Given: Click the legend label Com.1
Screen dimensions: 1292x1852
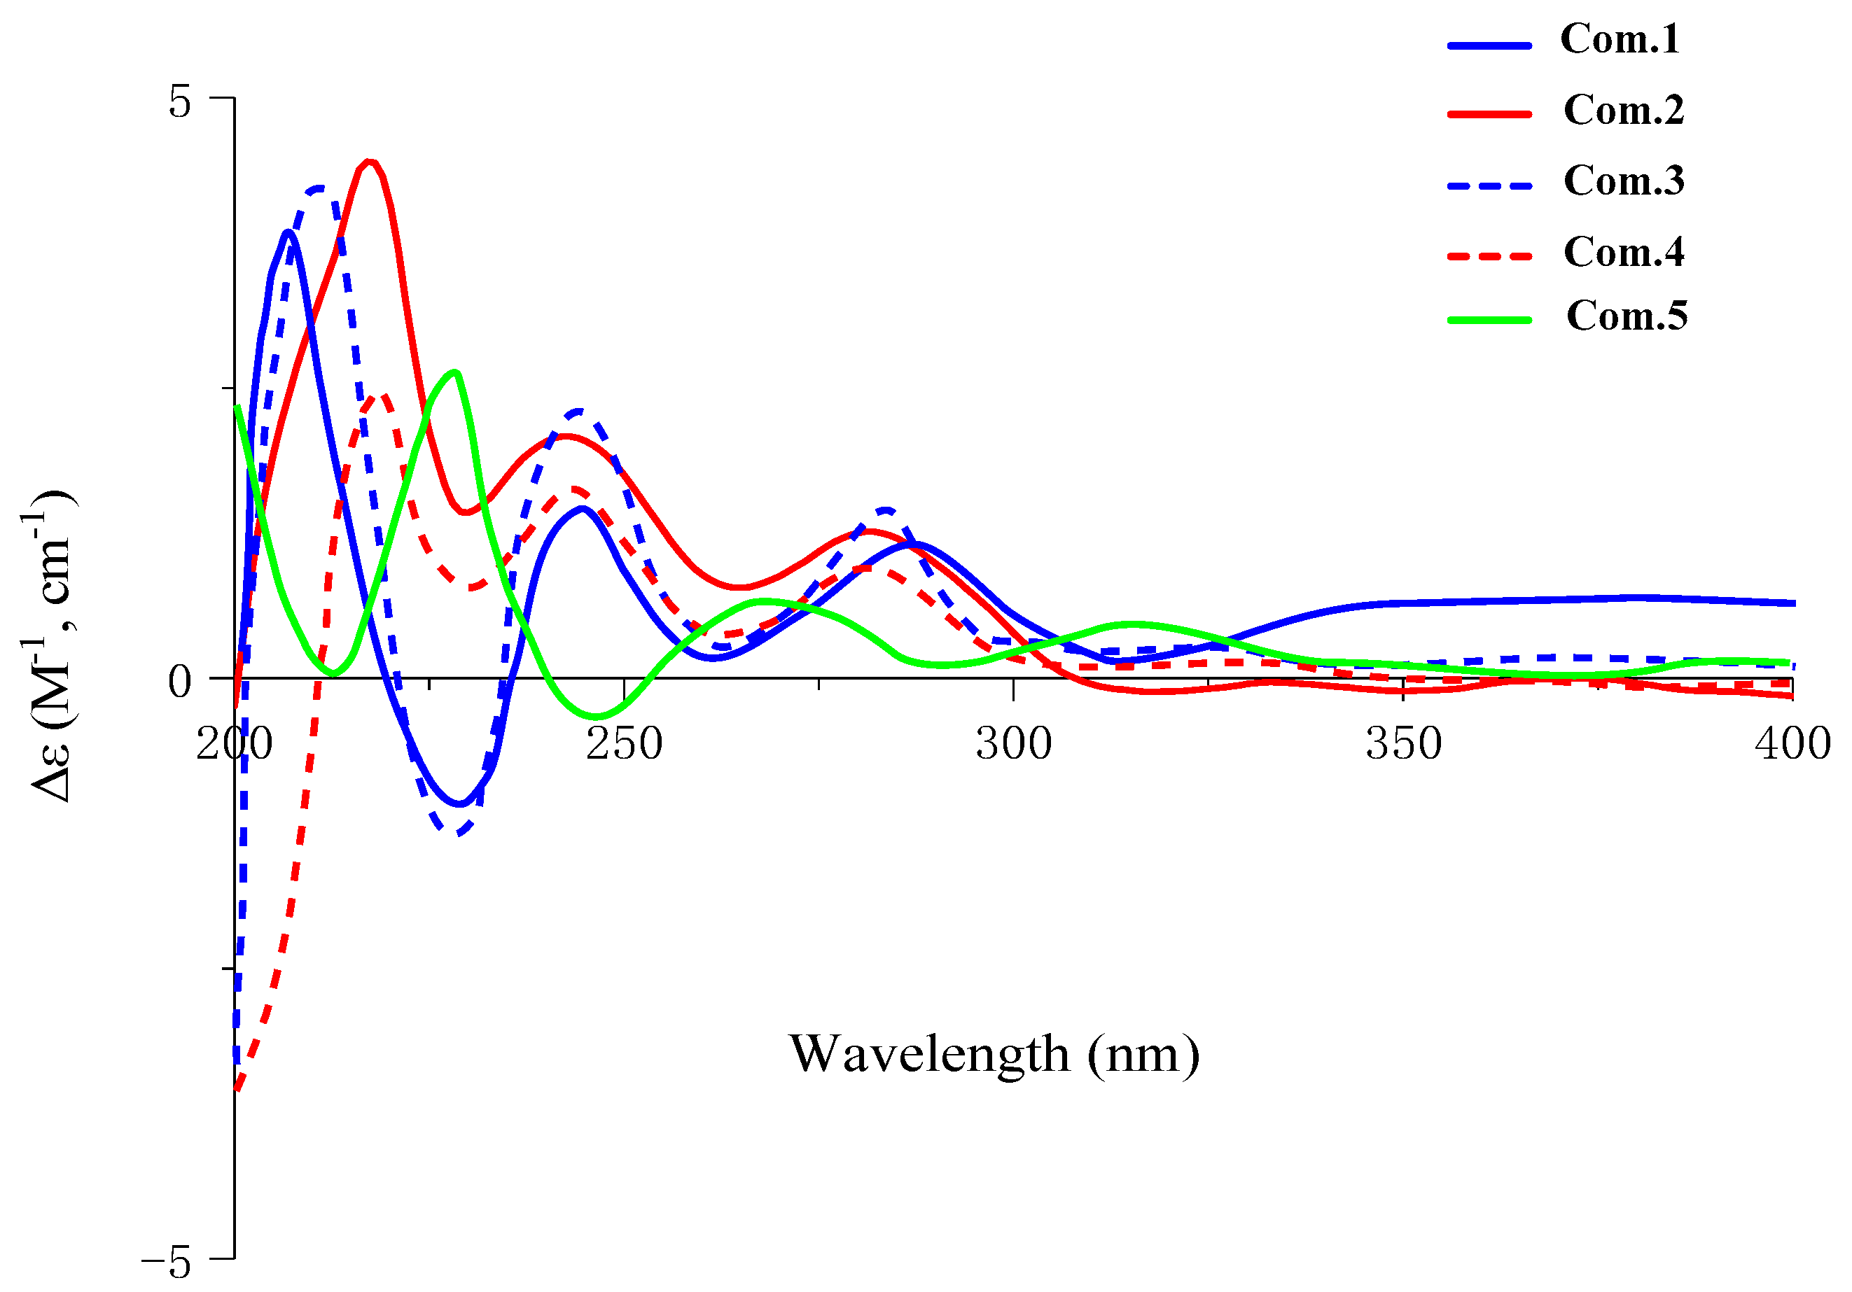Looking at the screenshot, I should coord(1619,39).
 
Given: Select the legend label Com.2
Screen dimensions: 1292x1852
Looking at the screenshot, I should coord(1623,111).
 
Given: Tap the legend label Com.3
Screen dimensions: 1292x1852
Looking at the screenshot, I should coord(1623,181).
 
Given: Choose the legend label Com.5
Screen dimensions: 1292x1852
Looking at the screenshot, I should coord(1626,316).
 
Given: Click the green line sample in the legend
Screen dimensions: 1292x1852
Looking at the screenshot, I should coord(1489,320).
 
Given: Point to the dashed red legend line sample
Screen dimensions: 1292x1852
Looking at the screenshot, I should coord(1489,256).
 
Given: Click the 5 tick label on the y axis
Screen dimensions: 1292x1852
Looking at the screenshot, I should coord(180,102).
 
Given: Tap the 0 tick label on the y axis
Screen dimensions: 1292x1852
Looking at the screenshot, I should coord(180,682).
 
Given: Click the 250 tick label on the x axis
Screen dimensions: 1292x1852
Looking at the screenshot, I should coord(623,743).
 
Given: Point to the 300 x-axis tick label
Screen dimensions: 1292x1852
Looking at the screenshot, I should coord(1013,743).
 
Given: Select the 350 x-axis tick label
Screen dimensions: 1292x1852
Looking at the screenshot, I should coord(1402,743).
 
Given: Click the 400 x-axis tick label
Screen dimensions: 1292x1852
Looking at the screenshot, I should coord(1792,743).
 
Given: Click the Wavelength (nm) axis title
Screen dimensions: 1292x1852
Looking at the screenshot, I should coord(994,1054).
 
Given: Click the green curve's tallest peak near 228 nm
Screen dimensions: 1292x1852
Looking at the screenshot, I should coord(456,372).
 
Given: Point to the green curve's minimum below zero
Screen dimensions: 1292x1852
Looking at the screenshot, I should coord(596,716).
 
